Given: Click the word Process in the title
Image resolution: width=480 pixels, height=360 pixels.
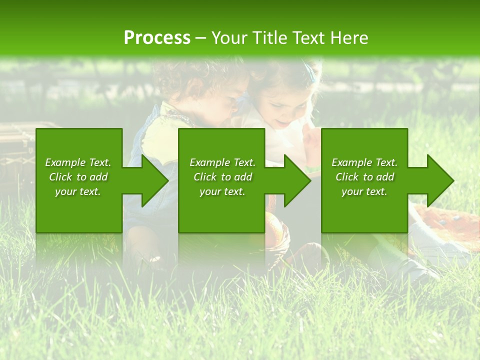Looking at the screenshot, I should (157, 37).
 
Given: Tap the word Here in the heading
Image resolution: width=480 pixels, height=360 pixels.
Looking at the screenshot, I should (349, 37).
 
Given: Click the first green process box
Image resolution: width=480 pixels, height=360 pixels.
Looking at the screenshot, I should (79, 210).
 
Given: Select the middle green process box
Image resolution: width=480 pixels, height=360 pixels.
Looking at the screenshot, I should (221, 210).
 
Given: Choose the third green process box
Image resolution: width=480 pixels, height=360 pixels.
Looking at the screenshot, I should (364, 210).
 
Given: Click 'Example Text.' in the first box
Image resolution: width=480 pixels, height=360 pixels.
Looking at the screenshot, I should (78, 162).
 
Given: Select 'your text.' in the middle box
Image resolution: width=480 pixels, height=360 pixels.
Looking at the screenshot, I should (222, 191).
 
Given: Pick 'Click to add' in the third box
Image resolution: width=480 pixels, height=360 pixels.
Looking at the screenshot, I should (365, 177).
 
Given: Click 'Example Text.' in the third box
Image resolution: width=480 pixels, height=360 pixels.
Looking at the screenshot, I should (364, 162).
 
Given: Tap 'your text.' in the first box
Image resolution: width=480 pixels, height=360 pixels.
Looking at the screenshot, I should (78, 191).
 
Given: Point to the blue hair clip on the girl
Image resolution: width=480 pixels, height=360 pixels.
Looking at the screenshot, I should (312, 75).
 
